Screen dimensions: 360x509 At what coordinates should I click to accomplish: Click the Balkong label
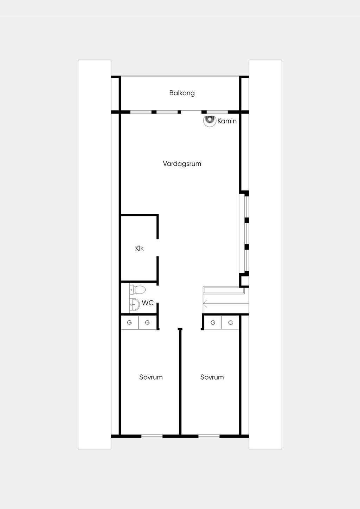click(x=182, y=93)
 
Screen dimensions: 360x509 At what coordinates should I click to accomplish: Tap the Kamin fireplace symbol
click(x=210, y=121)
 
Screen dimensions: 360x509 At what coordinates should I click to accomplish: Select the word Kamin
click(x=227, y=121)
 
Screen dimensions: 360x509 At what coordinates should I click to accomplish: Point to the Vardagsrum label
click(x=182, y=164)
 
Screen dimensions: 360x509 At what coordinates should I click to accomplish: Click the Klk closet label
click(x=139, y=249)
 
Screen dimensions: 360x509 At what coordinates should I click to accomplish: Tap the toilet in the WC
click(x=137, y=290)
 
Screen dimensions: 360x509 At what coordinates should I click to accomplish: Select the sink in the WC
click(x=135, y=304)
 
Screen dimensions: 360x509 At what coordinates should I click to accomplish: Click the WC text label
click(x=148, y=303)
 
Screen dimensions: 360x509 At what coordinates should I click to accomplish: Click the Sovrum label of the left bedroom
click(x=151, y=377)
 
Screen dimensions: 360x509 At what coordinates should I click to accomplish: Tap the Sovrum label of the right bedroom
click(x=212, y=377)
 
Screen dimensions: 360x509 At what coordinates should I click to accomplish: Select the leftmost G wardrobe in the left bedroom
click(x=129, y=322)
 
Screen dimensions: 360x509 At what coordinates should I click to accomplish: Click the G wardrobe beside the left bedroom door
click(x=148, y=322)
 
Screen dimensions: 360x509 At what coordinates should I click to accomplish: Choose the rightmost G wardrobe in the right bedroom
click(x=230, y=322)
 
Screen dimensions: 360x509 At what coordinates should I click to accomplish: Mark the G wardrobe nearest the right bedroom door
click(x=213, y=322)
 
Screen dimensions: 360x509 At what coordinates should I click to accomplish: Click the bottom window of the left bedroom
click(x=152, y=436)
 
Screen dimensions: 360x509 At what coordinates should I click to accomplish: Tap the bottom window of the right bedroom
click(x=209, y=436)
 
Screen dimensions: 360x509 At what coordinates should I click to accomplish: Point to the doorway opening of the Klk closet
click(x=157, y=247)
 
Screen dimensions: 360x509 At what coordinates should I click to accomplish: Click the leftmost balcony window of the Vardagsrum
click(x=141, y=112)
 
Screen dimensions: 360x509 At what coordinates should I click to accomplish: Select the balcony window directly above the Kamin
click(x=217, y=112)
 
